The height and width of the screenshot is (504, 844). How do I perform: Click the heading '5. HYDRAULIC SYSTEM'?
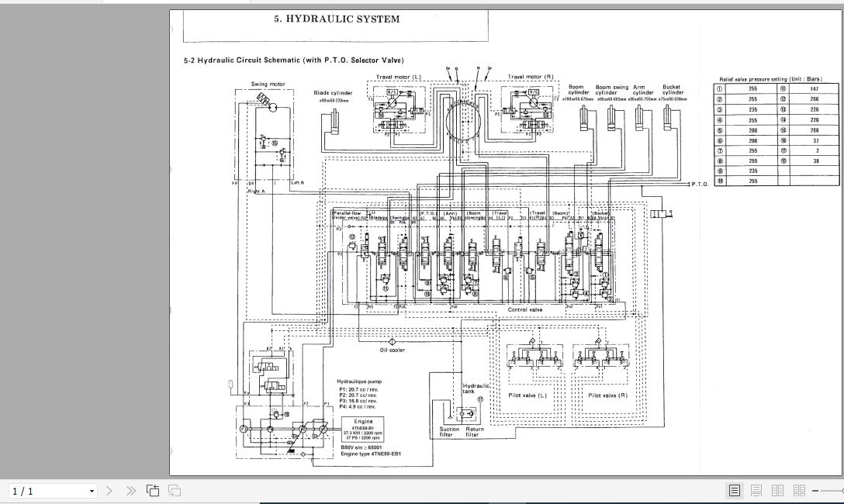(x=337, y=19)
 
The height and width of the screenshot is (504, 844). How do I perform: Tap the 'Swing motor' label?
(x=268, y=84)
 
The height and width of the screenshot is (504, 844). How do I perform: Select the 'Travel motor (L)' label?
(x=399, y=77)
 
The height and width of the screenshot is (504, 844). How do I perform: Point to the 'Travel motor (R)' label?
(x=531, y=77)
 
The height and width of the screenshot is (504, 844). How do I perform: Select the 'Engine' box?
(x=363, y=429)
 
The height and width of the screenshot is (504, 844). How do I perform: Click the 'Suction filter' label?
(x=450, y=432)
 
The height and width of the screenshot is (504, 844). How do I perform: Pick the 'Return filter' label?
(x=475, y=432)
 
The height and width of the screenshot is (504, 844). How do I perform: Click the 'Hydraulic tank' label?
(x=476, y=388)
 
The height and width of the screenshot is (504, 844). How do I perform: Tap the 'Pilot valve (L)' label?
(x=527, y=395)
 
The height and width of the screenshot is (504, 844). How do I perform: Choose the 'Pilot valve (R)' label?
(x=607, y=395)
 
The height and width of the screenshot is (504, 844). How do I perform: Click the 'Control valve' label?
(x=525, y=309)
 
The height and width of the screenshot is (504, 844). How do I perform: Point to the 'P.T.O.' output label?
(x=699, y=185)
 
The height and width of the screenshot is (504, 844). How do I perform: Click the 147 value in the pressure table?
(x=814, y=89)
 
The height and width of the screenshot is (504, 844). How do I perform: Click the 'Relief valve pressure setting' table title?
(x=770, y=79)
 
